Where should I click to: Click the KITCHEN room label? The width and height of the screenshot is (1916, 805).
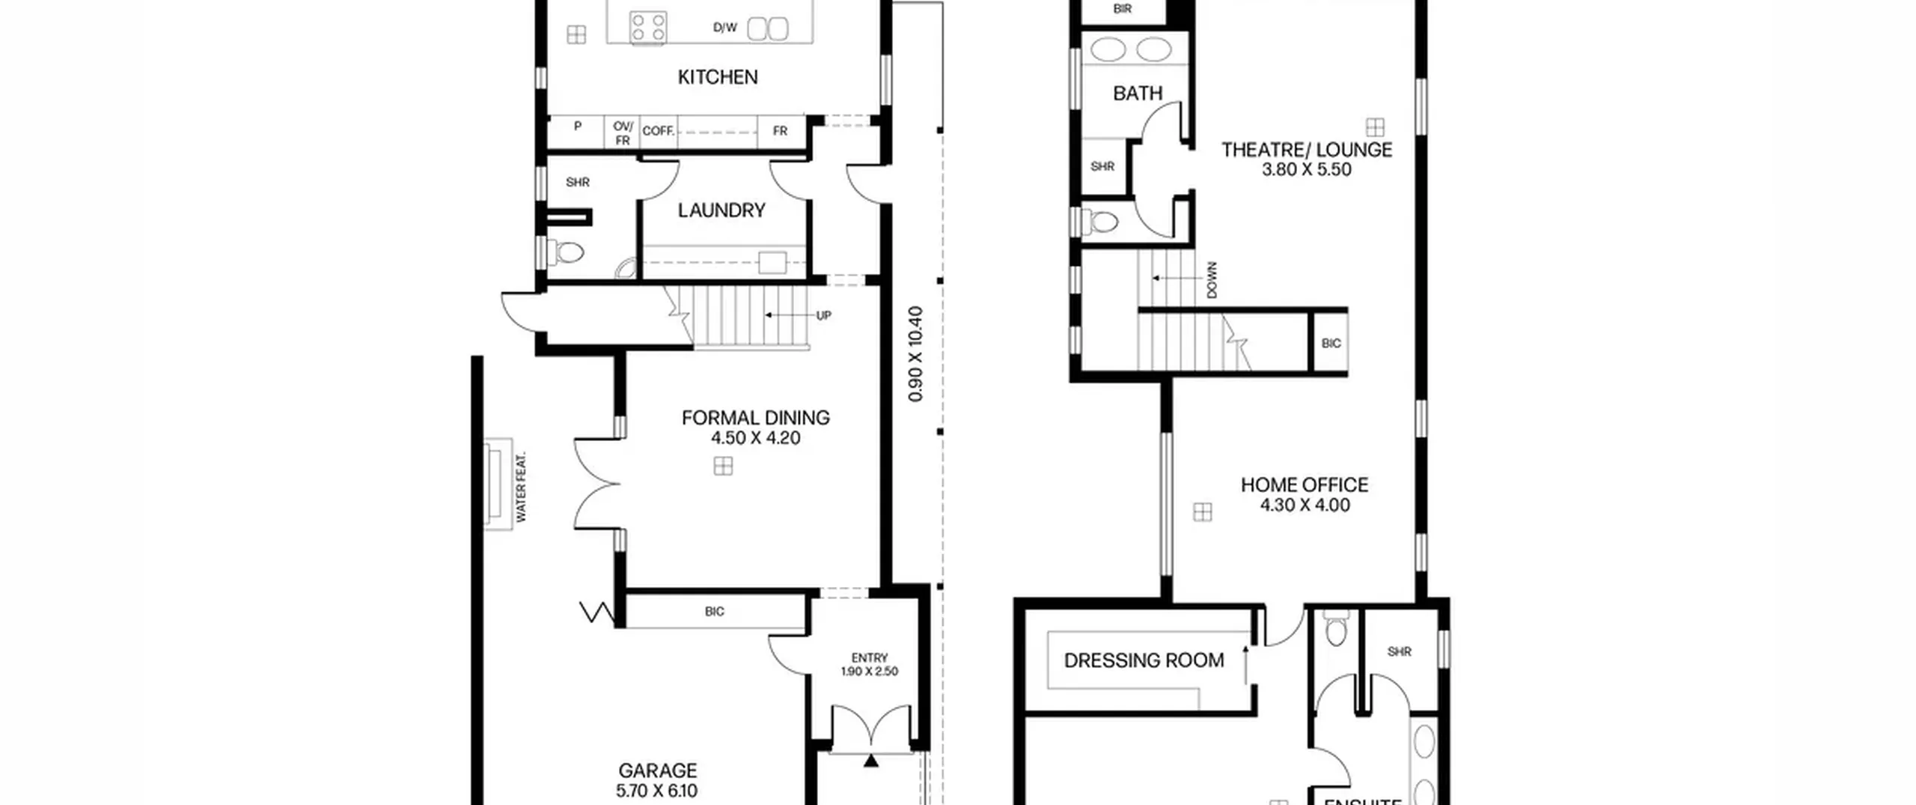click(x=718, y=77)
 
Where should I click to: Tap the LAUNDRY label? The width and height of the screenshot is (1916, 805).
click(x=721, y=210)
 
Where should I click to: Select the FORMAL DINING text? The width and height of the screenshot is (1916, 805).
click(x=756, y=417)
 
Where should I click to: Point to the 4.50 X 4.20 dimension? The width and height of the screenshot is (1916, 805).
click(x=756, y=438)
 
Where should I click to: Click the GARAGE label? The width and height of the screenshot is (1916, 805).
click(x=658, y=771)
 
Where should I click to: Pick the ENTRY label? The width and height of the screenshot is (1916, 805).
click(x=870, y=657)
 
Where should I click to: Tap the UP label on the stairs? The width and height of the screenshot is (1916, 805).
click(x=823, y=315)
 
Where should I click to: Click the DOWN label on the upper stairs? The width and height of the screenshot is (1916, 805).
click(x=1212, y=280)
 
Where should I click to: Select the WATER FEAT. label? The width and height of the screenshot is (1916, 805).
click(x=521, y=487)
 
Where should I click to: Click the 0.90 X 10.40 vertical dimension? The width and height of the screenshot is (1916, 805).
click(x=915, y=353)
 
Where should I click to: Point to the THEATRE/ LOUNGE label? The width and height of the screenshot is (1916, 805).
click(x=1307, y=150)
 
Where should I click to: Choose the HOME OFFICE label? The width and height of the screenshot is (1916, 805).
click(x=1305, y=485)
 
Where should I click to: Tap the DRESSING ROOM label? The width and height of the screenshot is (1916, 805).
click(x=1144, y=660)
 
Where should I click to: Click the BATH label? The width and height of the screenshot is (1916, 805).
click(x=1138, y=94)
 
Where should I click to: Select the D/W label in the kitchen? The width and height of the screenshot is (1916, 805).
click(x=724, y=28)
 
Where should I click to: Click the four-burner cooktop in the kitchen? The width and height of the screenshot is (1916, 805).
click(x=648, y=27)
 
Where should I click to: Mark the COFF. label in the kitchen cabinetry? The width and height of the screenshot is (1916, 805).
click(x=659, y=131)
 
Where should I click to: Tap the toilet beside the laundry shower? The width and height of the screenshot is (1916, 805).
click(x=565, y=252)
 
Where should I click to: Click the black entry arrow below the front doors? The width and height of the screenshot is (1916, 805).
click(x=870, y=762)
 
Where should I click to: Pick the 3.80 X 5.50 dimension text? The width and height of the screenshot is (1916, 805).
click(x=1307, y=170)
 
